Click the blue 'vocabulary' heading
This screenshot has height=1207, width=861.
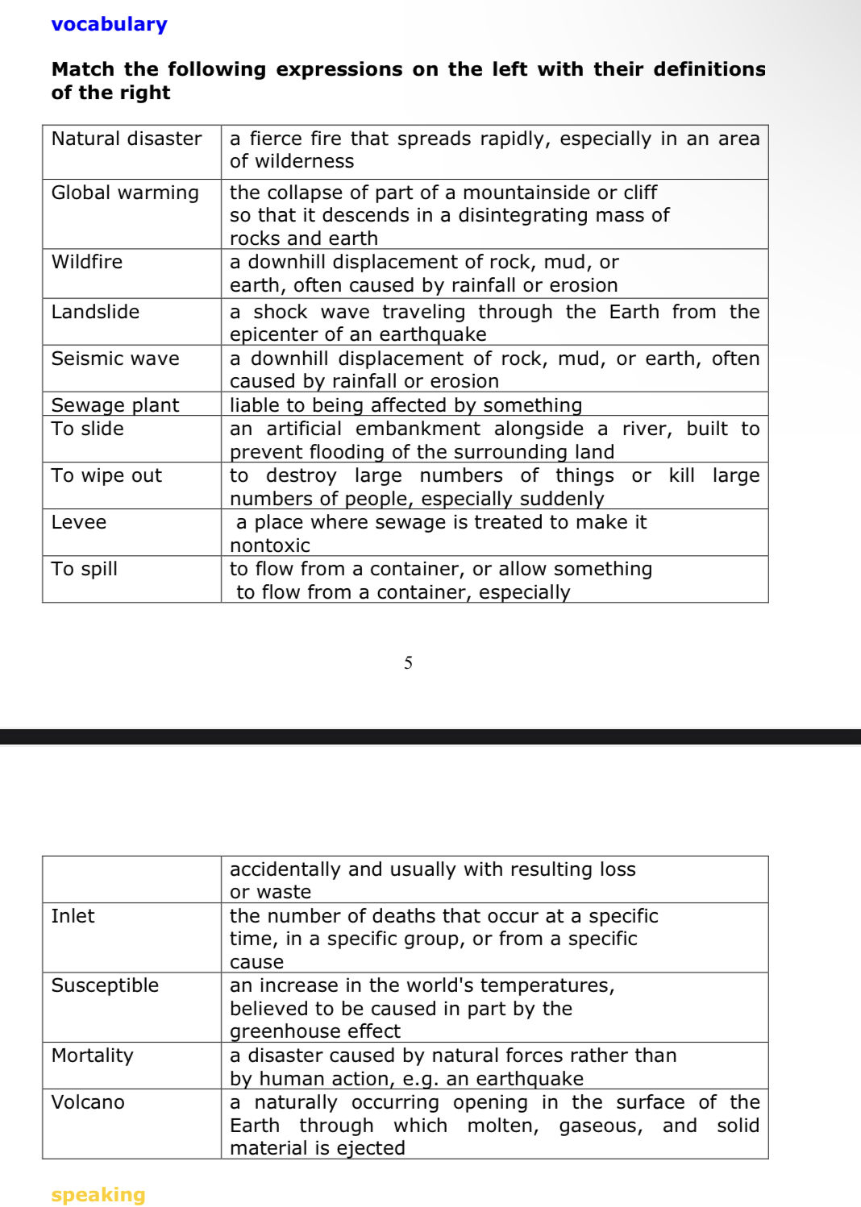109,24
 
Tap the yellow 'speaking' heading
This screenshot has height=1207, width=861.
98,1194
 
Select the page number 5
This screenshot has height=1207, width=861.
408,663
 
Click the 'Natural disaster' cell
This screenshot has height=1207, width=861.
127,139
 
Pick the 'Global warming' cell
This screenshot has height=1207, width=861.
125,193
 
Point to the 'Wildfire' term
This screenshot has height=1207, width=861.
87,262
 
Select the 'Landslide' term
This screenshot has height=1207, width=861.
95,312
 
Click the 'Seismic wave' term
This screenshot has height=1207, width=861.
115,359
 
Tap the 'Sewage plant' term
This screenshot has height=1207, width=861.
115,404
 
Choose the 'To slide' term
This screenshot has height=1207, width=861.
88,429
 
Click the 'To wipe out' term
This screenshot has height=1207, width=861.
106,475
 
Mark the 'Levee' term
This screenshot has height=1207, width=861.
79,522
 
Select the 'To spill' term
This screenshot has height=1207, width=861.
85,569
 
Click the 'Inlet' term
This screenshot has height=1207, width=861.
73,916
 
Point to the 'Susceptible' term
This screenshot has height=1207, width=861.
105,985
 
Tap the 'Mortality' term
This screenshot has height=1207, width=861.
92,1056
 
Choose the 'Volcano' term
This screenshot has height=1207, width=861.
88,1102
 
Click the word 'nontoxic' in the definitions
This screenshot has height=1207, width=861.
270,545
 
